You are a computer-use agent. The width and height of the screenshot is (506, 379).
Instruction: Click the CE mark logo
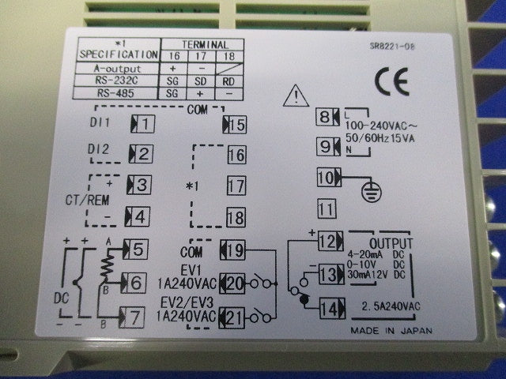pos(392,82)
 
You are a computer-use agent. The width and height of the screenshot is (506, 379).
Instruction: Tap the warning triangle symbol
pos(296,96)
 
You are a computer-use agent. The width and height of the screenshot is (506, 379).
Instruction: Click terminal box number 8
pos(327,117)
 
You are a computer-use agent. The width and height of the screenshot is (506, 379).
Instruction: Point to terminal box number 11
pos(327,208)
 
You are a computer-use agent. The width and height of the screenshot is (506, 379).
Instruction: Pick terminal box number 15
pos(235,125)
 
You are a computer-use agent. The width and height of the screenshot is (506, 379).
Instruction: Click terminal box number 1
pos(142,124)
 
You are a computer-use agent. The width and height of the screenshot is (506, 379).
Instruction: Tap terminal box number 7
pos(132,317)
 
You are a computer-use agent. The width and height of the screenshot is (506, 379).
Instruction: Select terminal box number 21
pos(232,318)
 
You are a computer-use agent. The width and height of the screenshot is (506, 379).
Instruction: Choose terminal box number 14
pos(332,309)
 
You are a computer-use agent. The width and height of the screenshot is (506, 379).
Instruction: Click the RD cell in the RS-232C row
pos(228,81)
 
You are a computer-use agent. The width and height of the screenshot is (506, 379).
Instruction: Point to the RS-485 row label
pos(115,93)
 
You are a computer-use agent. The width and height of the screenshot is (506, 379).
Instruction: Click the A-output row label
pos(118,69)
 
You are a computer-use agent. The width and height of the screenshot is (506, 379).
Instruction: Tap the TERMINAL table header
pos(206,44)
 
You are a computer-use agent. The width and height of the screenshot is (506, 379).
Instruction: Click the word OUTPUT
pos(391,244)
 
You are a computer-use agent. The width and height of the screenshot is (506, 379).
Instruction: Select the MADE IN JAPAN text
pos(391,331)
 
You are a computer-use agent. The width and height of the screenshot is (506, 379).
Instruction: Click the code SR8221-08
pos(392,47)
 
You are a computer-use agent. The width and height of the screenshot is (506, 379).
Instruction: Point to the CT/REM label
pos(88,200)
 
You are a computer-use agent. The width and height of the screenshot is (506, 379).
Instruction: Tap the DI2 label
pos(98,149)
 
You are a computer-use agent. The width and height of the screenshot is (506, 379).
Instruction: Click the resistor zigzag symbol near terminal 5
pos(108,265)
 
